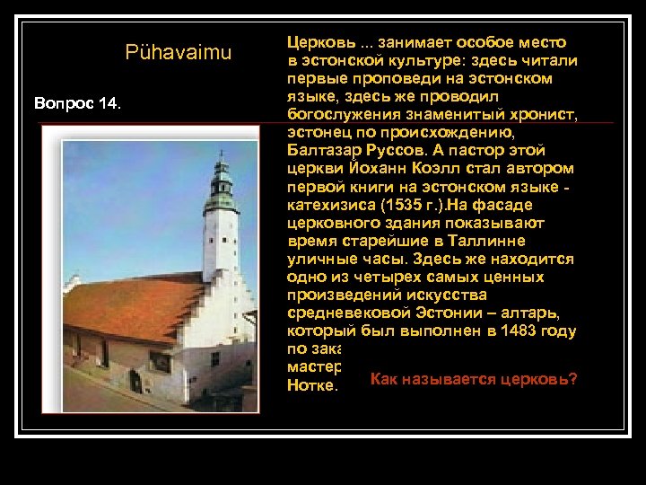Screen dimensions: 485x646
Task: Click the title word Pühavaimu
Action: point(179,53)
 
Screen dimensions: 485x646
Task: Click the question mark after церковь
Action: point(573,379)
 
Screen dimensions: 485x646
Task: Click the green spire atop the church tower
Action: point(220,175)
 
